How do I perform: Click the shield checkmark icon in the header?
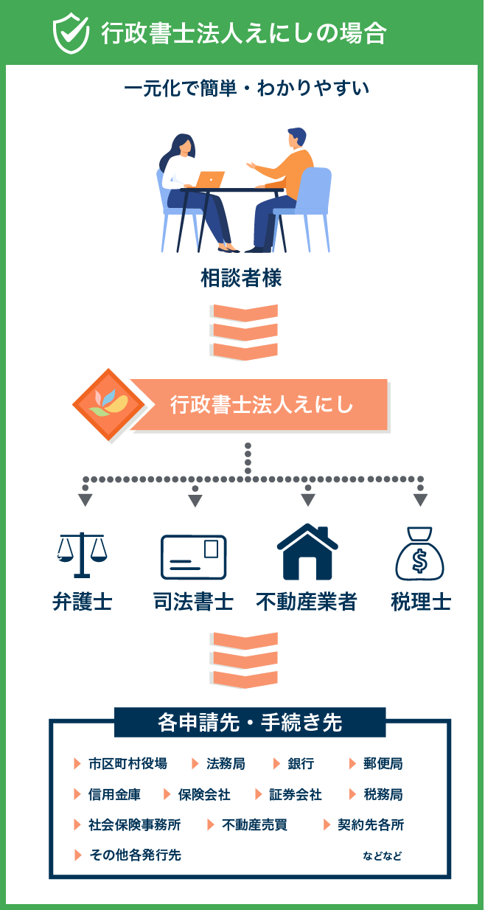(x=71, y=32)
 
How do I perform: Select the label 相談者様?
(x=241, y=279)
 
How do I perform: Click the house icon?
(x=307, y=552)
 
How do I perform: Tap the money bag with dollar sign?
(x=419, y=554)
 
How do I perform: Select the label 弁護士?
(x=82, y=602)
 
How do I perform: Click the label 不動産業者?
(x=307, y=602)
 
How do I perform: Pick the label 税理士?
(x=420, y=602)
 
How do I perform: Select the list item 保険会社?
(x=204, y=794)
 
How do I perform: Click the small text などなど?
(x=383, y=856)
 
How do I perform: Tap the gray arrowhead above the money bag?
(x=420, y=499)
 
